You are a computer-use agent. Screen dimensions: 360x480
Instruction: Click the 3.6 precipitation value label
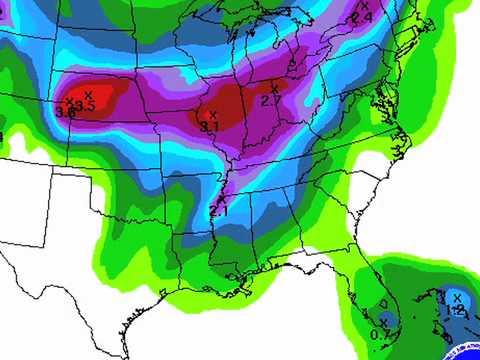(66, 112)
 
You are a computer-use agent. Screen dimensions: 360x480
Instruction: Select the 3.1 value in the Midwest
(209, 127)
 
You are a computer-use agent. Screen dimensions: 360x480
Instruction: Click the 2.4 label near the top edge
(362, 18)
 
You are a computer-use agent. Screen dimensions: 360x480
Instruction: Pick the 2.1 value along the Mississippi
(219, 211)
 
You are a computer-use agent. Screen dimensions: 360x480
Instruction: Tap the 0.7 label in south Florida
(380, 334)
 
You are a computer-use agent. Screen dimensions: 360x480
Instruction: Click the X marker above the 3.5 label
(88, 94)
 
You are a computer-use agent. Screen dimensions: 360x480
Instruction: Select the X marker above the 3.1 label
(212, 115)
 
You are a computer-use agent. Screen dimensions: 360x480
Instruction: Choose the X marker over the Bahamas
(457, 297)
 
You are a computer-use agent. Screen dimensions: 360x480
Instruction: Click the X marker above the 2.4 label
(364, 7)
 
